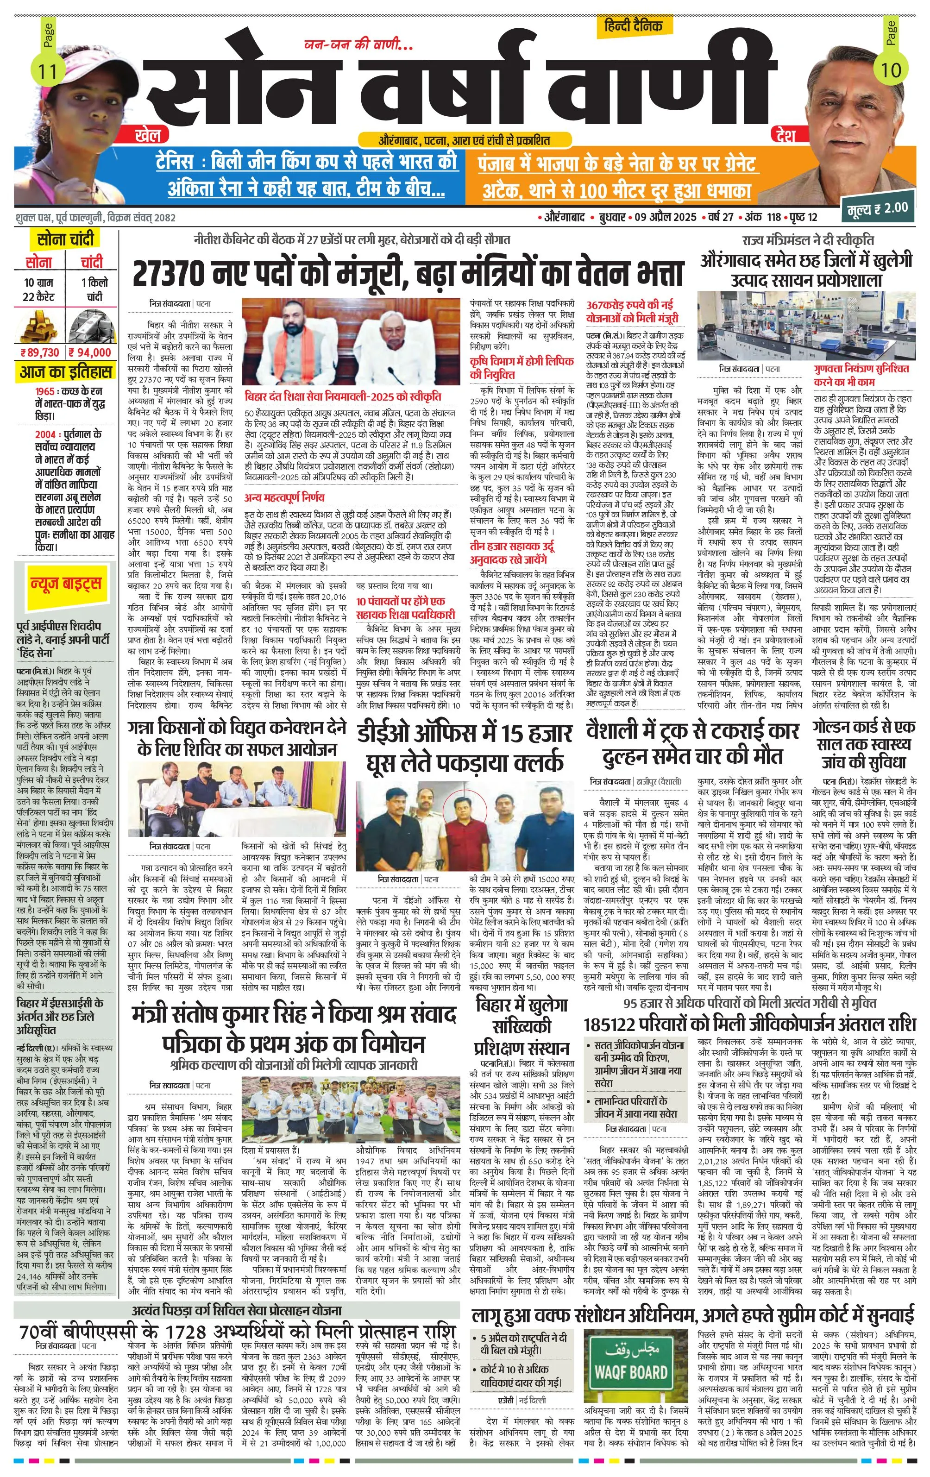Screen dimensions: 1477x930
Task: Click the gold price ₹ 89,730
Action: [x=39, y=352]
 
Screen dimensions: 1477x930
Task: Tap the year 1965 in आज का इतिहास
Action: [x=44, y=391]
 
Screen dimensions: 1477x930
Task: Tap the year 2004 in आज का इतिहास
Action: [x=44, y=435]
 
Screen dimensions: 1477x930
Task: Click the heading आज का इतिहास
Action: [x=66, y=372]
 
